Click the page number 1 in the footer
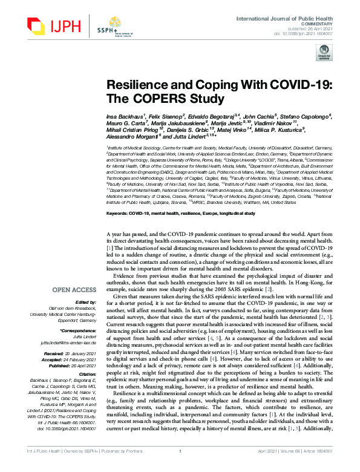180,467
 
